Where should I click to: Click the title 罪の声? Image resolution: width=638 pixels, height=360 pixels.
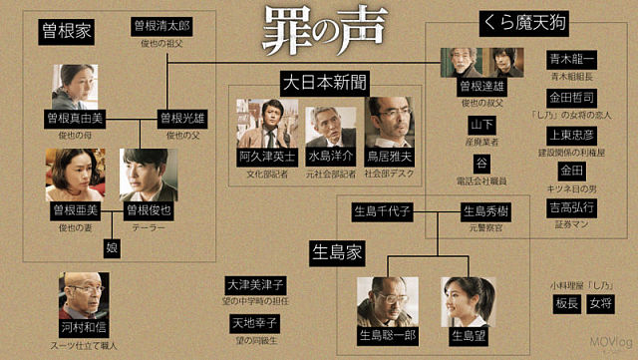[317, 33]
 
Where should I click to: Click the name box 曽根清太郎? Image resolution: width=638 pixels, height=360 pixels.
[160, 24]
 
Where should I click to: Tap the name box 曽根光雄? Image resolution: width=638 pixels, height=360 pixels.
[181, 118]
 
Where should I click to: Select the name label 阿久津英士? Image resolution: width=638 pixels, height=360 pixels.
[266, 157]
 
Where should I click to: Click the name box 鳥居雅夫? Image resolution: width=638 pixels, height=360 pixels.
[389, 157]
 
